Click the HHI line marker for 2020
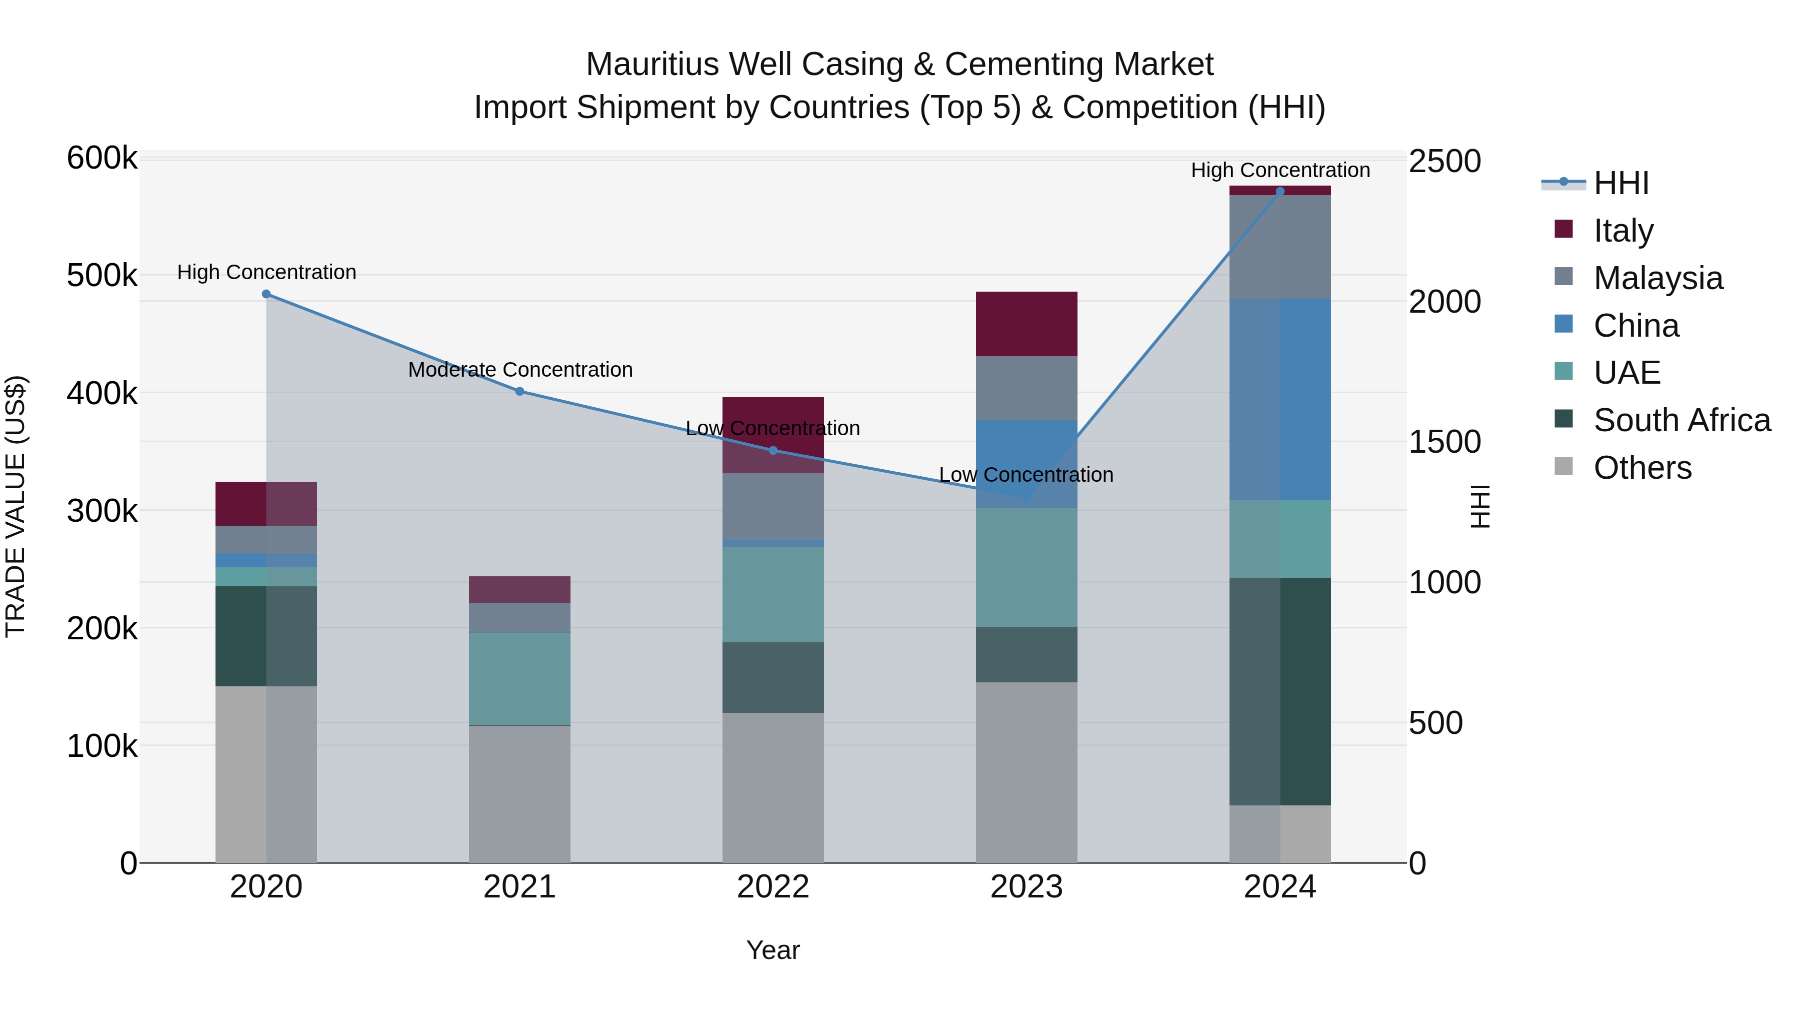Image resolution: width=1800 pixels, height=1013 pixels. click(266, 294)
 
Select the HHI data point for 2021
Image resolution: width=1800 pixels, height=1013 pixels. click(520, 392)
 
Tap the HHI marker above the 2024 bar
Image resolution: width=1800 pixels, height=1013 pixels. click(1280, 192)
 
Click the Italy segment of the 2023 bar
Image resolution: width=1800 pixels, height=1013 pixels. click(1026, 324)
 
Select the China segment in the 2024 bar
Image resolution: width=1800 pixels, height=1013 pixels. click(1280, 399)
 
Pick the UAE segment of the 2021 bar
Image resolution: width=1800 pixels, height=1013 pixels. click(520, 678)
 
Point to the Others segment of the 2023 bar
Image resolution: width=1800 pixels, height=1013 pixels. click(1026, 772)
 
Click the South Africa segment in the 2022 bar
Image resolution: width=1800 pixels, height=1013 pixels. click(773, 677)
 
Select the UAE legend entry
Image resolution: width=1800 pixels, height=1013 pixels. click(1626, 373)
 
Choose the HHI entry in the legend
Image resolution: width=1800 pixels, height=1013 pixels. click(1621, 183)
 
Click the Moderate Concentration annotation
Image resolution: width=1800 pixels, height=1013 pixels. click(520, 369)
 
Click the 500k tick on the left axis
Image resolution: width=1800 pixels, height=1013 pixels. click(102, 276)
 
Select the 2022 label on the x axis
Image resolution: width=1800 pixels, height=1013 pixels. click(773, 887)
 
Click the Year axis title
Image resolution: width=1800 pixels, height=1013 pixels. click(773, 950)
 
